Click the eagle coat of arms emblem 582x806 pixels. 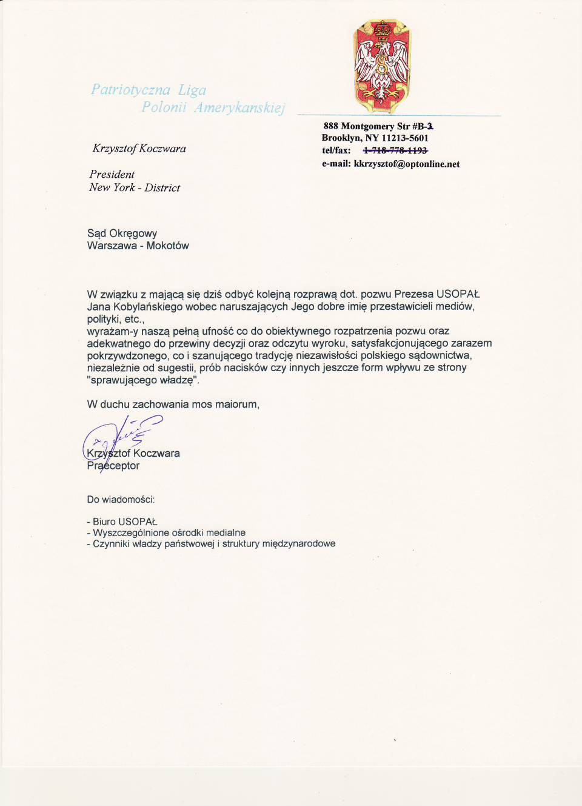tap(382, 66)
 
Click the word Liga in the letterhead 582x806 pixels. tap(192, 90)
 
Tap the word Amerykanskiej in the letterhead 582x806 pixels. tap(239, 108)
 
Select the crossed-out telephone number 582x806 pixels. tap(395, 150)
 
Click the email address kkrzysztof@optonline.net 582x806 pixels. tap(407, 164)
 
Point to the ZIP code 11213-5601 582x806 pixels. tap(405, 138)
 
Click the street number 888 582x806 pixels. tap(330, 126)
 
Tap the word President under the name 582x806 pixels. tap(112, 175)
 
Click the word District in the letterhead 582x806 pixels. tap(162, 188)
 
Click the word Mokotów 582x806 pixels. tap(167, 246)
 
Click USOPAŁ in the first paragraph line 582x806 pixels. tap(458, 295)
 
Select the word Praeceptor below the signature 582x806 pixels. tap(113, 466)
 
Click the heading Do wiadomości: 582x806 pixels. tap(121, 500)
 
